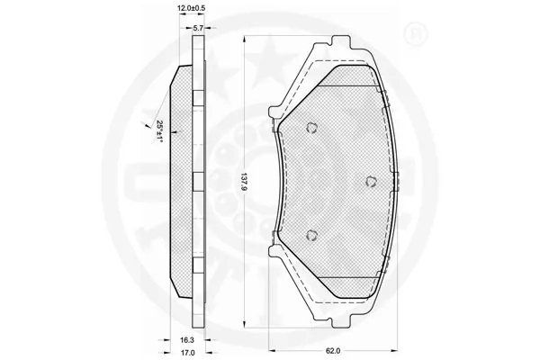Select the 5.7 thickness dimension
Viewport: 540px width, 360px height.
(x=193, y=29)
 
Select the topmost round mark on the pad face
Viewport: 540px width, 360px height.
(x=311, y=127)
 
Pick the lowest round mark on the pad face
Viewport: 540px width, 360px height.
(x=312, y=235)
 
